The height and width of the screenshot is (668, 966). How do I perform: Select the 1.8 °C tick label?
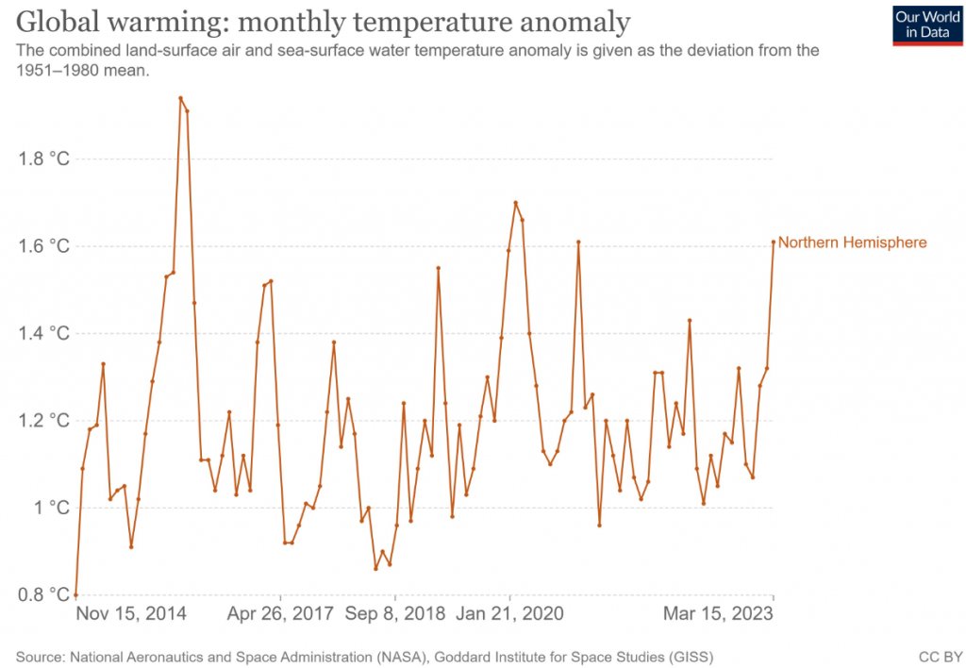pos(44,159)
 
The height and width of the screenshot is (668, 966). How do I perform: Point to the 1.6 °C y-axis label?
pos(44,246)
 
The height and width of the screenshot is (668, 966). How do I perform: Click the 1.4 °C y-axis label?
pos(44,333)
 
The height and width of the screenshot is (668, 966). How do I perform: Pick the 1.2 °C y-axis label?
pos(44,421)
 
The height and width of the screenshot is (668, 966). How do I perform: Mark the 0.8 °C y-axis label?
pos(44,595)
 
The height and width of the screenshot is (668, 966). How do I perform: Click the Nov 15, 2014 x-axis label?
pos(131,614)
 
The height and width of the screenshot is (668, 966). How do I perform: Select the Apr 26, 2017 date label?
pos(281,614)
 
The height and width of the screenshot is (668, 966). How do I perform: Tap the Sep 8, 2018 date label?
pos(394,614)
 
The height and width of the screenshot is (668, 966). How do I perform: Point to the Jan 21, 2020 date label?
pos(509,614)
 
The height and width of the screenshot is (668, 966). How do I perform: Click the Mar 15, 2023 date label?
pos(718,614)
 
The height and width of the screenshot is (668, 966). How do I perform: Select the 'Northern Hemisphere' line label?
pos(852,242)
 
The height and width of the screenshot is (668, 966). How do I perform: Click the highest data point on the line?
pos(180,97)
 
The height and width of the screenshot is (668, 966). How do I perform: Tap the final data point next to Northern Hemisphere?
pos(774,242)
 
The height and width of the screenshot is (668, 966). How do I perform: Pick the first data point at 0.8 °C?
pos(75,594)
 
